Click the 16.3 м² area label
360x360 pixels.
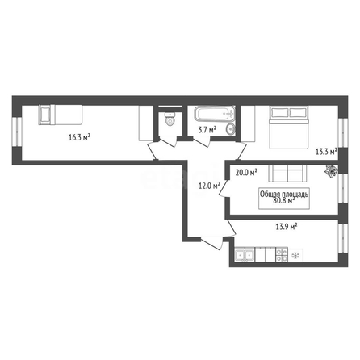79,137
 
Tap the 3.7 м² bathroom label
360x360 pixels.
207,130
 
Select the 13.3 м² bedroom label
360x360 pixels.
326,152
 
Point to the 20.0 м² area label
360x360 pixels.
246,172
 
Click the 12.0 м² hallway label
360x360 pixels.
209,186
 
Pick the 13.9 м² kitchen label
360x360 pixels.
287,227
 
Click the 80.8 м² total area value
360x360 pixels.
284,200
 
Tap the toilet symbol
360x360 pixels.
170,119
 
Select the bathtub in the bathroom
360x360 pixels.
215,114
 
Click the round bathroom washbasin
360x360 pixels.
231,129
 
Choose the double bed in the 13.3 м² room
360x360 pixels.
289,128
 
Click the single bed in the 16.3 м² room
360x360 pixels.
61,115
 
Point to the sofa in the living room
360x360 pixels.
287,174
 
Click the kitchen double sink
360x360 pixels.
244,254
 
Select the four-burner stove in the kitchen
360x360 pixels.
282,254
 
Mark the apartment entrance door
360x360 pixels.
212,242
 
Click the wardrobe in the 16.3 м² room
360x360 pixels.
146,123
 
